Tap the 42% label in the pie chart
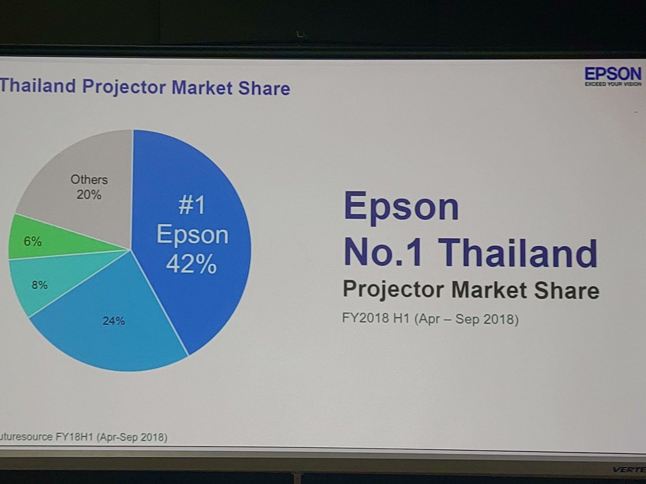(191, 264)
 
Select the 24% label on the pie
(113, 321)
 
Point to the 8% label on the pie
(40, 285)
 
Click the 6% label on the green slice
(33, 241)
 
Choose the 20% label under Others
(89, 194)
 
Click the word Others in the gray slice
(89, 179)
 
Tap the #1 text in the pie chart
(192, 205)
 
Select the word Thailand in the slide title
(38, 86)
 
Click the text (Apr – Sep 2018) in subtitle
(466, 319)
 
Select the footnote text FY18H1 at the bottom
(74, 437)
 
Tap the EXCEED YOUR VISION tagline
(613, 84)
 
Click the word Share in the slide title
(264, 88)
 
